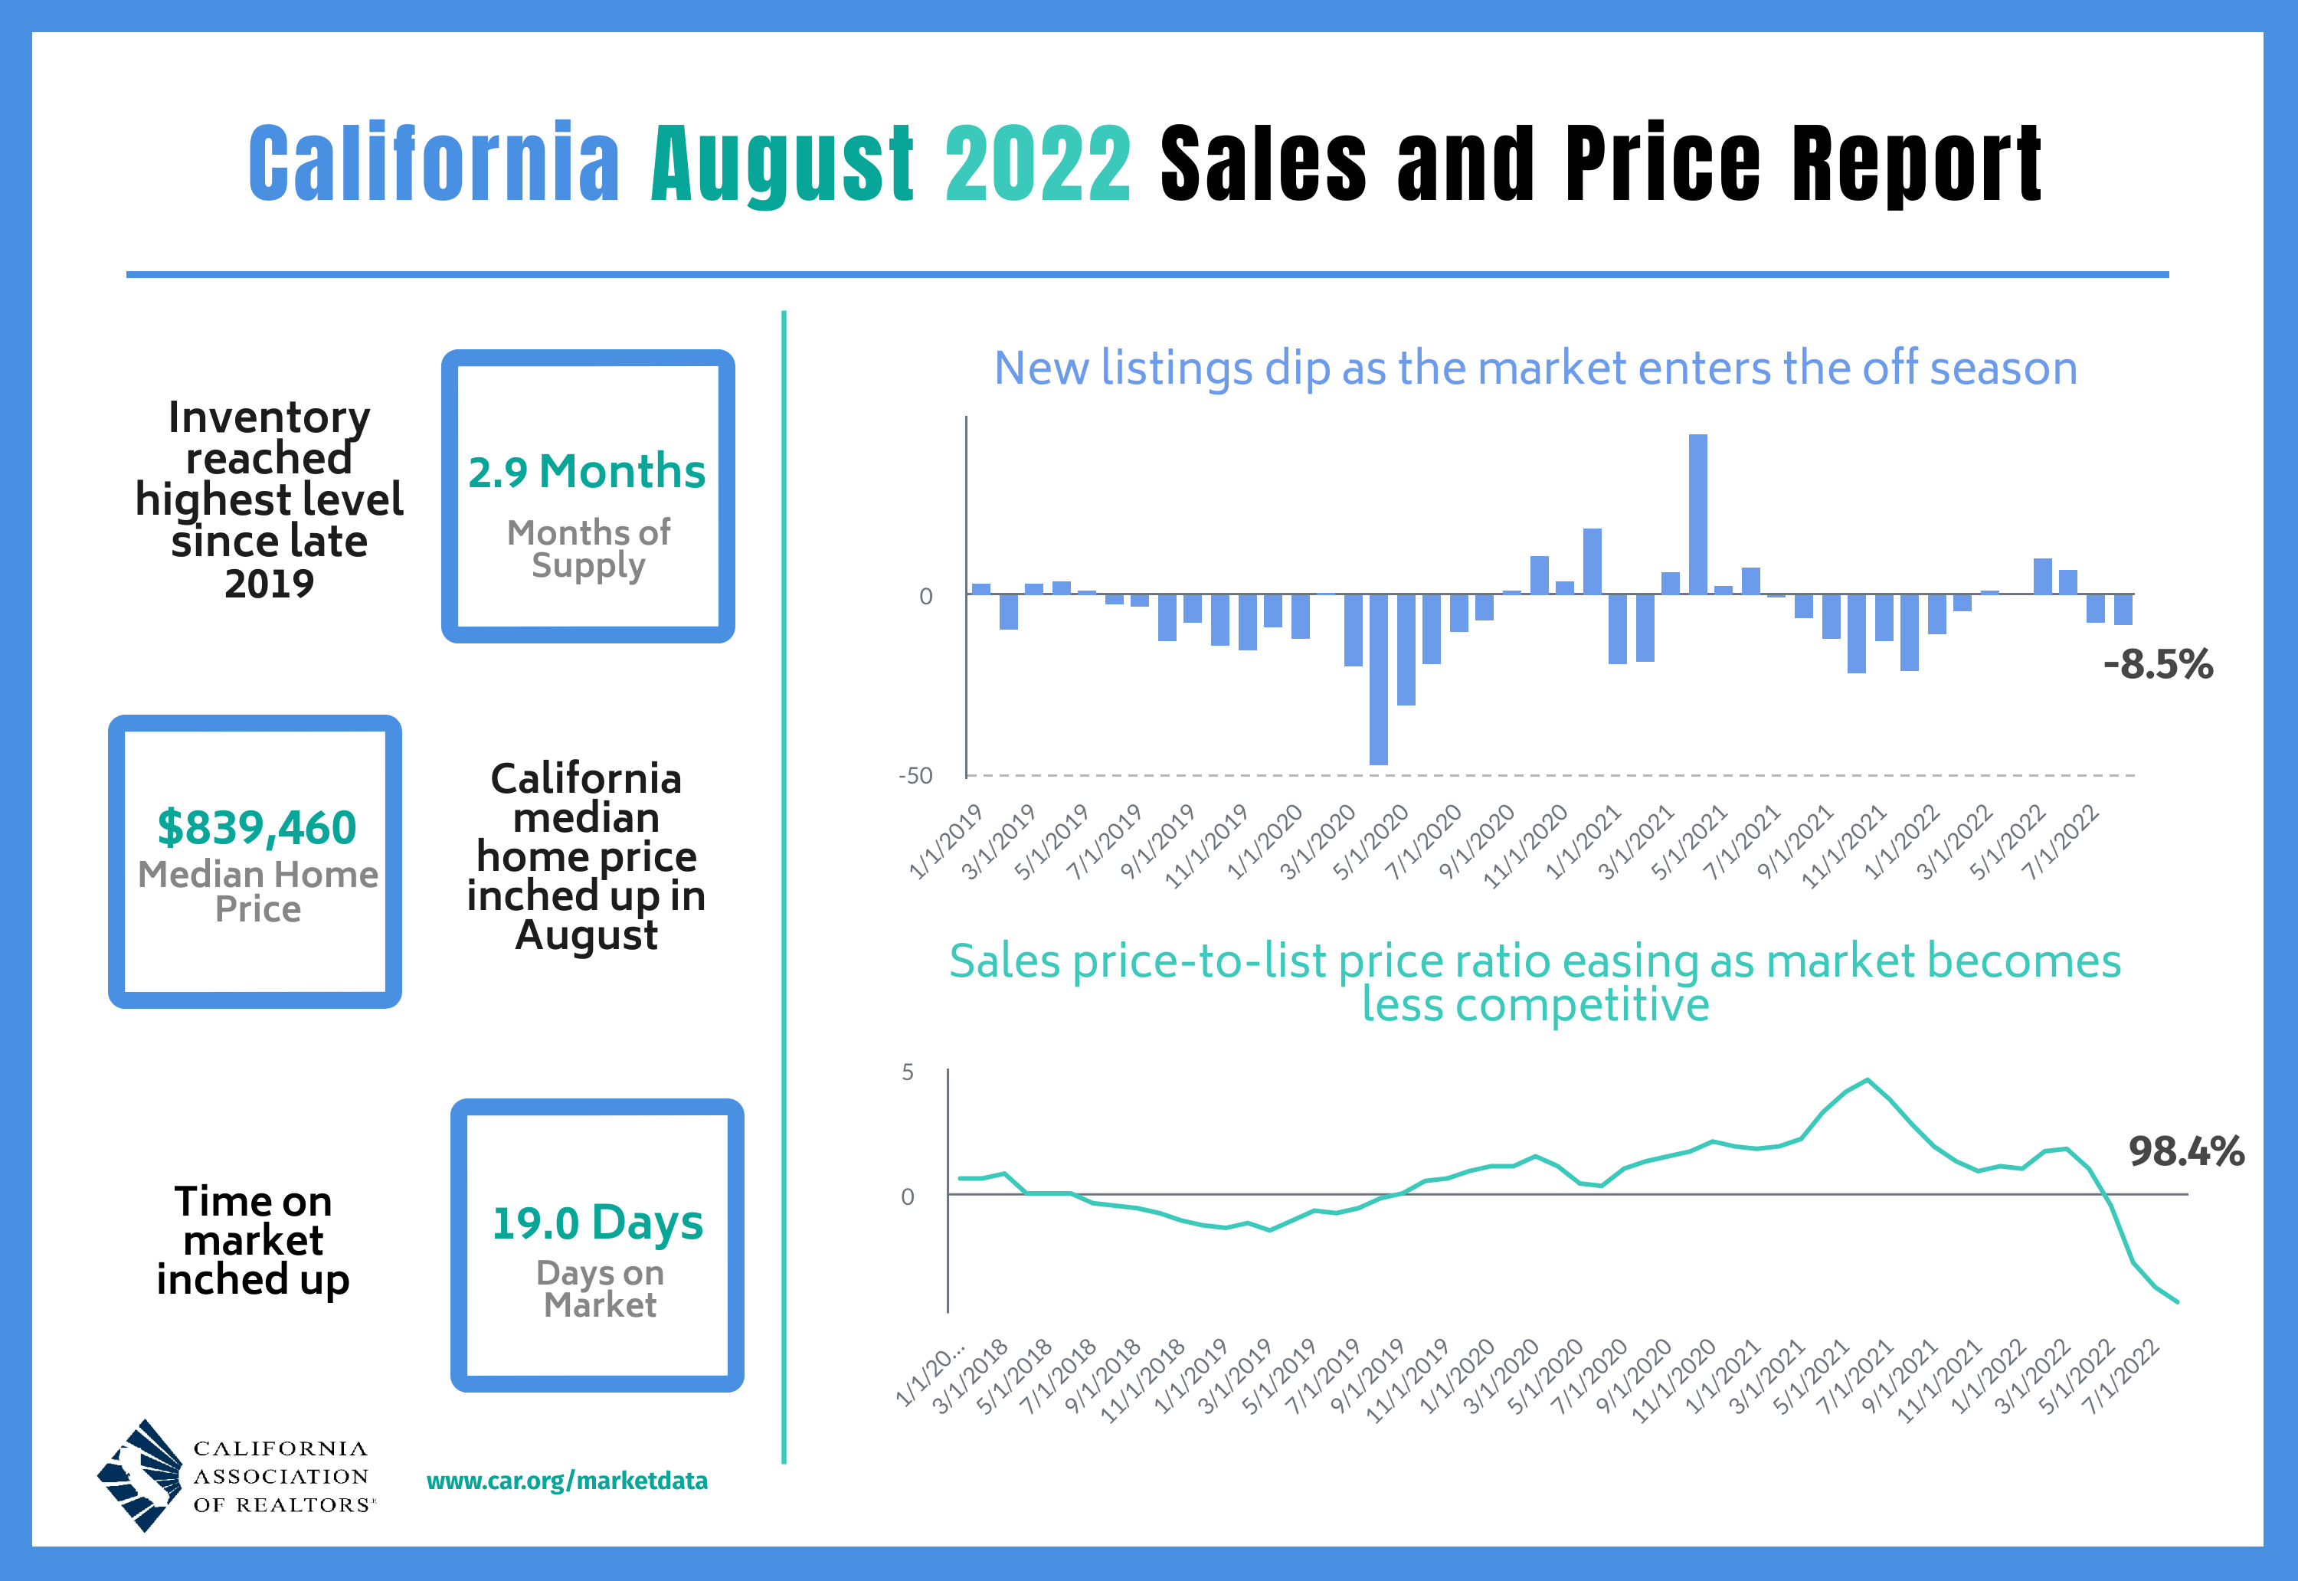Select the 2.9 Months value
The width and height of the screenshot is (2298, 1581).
coord(587,472)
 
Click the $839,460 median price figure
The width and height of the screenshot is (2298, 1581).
coord(257,827)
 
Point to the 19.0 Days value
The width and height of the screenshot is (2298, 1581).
coord(597,1223)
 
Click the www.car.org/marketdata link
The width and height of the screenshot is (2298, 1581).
coord(567,1481)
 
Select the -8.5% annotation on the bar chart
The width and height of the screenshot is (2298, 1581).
coord(2157,665)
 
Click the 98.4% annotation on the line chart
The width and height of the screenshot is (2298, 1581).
coord(2186,1151)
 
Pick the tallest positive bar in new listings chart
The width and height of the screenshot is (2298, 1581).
coord(1697,514)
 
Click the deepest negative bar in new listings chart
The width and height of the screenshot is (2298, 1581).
coord(1378,679)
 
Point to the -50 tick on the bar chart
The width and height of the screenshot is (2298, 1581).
coord(915,776)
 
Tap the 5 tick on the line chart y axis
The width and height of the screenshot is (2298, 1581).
coord(907,1072)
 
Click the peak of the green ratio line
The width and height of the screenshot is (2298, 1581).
coord(1868,1080)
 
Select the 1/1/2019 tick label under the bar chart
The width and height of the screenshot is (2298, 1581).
coord(946,841)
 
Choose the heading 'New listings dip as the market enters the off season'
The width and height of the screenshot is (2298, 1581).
coord(1535,368)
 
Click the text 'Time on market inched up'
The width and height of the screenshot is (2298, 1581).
coord(253,1240)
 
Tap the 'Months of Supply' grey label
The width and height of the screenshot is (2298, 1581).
coord(588,548)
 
